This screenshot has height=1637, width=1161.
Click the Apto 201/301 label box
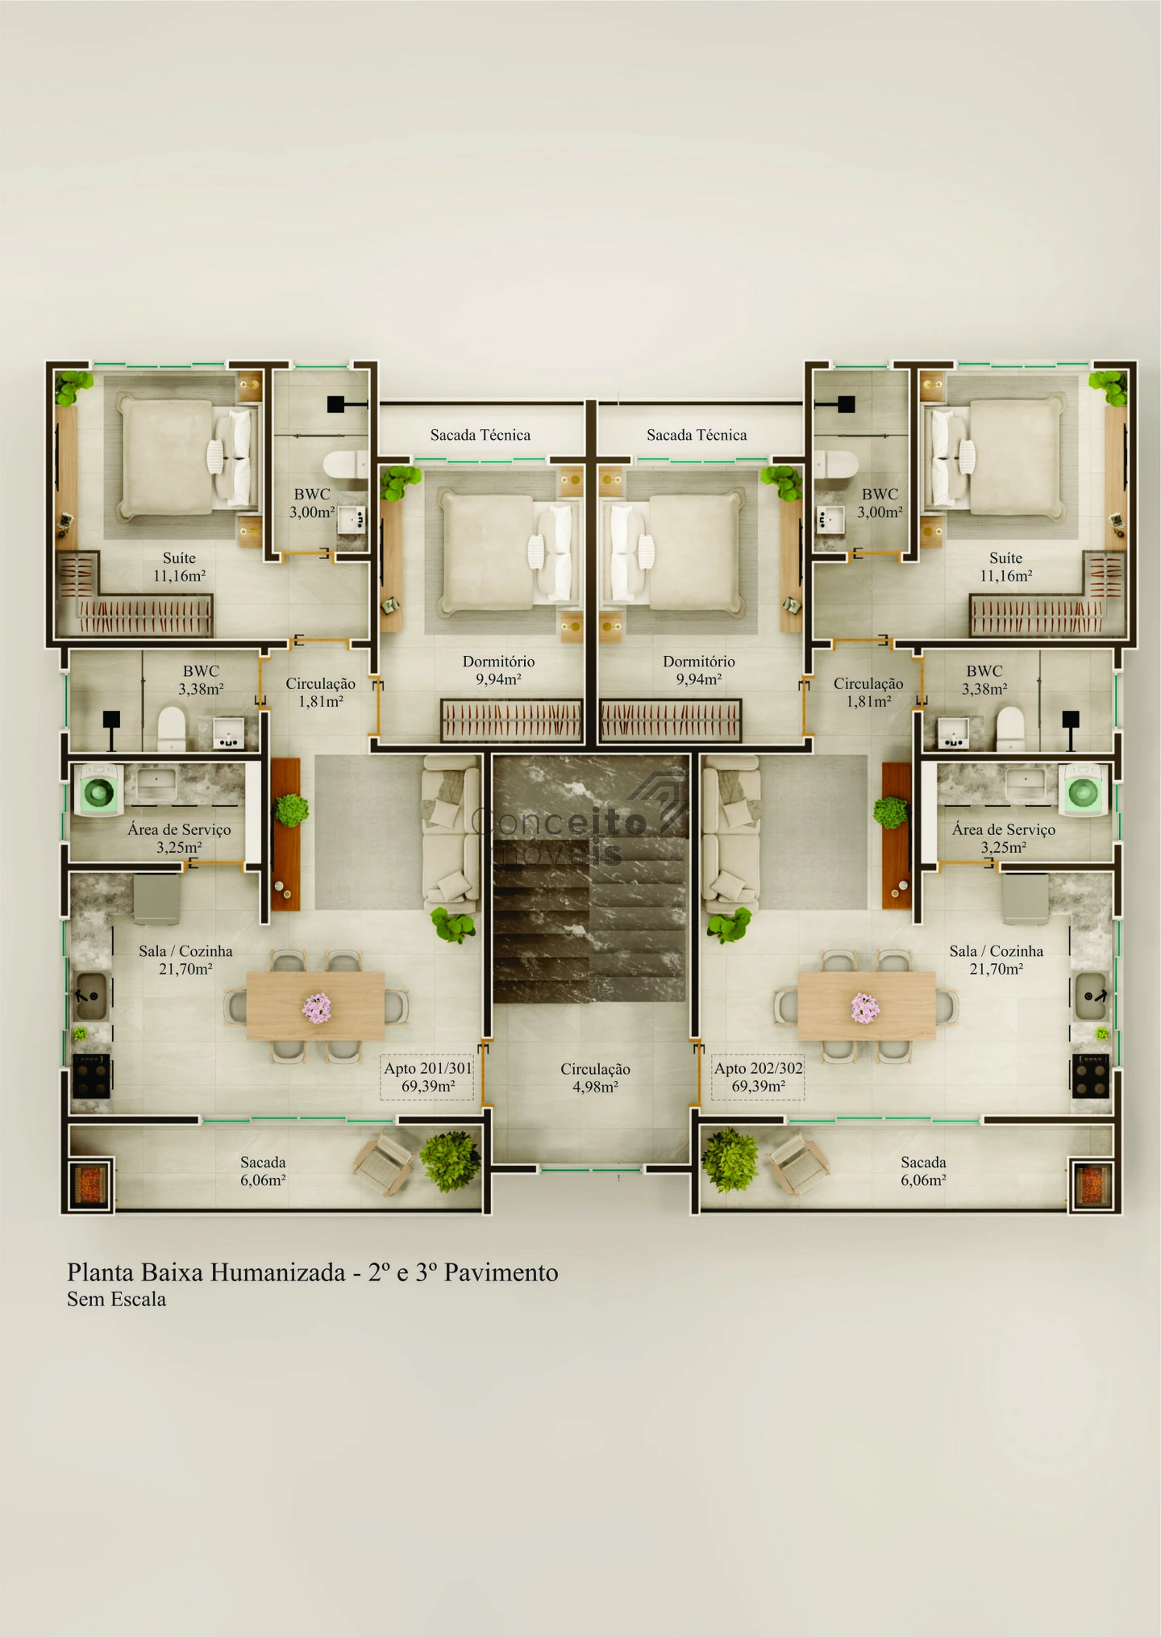pyautogui.click(x=427, y=1077)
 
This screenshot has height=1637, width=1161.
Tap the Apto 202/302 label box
pyautogui.click(x=758, y=1077)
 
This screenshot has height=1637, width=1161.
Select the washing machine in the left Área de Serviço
pyautogui.click(x=98, y=790)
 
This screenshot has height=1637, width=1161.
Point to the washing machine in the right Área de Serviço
pyautogui.click(x=1083, y=790)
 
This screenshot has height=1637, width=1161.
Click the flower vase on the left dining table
pyautogui.click(x=317, y=1008)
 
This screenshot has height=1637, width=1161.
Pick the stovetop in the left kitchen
pyautogui.click(x=91, y=1075)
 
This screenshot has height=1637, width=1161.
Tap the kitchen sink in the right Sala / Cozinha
pyautogui.click(x=1090, y=996)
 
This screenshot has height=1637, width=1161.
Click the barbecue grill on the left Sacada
pyautogui.click(x=89, y=1184)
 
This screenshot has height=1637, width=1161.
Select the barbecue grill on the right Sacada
pyautogui.click(x=1093, y=1184)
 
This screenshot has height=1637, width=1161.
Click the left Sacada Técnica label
pyautogui.click(x=481, y=435)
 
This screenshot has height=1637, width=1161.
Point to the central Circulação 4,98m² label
pyautogui.click(x=595, y=1077)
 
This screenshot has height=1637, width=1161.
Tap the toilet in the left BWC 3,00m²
pyautogui.click(x=345, y=465)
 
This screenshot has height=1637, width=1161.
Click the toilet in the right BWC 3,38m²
pyautogui.click(x=1010, y=729)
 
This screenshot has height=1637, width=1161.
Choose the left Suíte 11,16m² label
pyautogui.click(x=179, y=566)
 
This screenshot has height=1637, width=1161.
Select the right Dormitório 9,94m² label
pyautogui.click(x=699, y=670)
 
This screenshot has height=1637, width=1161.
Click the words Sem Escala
pyautogui.click(x=116, y=1299)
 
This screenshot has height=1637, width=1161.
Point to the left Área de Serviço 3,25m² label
pyautogui.click(x=179, y=838)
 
